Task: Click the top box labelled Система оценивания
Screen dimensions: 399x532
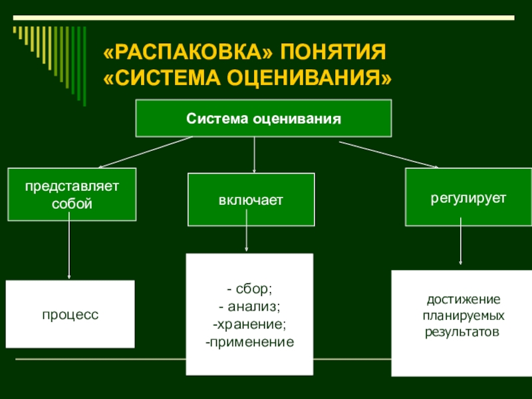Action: tap(263, 119)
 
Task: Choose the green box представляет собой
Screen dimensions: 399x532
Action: tap(72, 195)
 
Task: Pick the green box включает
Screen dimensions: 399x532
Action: tap(251, 200)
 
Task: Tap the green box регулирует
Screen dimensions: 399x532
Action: tap(458, 198)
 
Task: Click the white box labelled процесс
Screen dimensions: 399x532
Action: tap(70, 314)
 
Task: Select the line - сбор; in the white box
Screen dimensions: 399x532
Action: tap(249, 289)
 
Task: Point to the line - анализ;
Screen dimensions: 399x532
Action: tap(249, 307)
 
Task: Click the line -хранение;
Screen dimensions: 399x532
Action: tap(249, 325)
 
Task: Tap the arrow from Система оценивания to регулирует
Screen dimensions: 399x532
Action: tap(389, 154)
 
